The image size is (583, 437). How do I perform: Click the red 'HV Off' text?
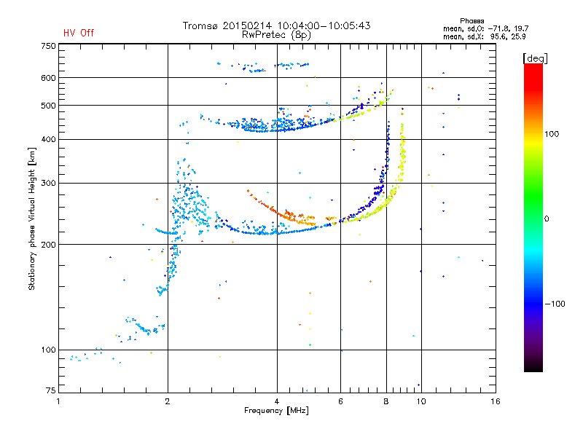coord(79,33)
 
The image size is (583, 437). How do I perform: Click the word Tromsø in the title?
coord(201,25)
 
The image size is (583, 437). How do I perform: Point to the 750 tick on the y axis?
coord(48,45)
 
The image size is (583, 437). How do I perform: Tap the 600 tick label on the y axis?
coord(48,77)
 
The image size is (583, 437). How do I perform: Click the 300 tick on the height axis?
coord(48,183)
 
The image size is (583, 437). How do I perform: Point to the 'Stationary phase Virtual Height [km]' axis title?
coord(32,219)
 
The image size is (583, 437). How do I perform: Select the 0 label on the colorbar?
coord(547,219)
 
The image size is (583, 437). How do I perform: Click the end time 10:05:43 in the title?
coord(347,25)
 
